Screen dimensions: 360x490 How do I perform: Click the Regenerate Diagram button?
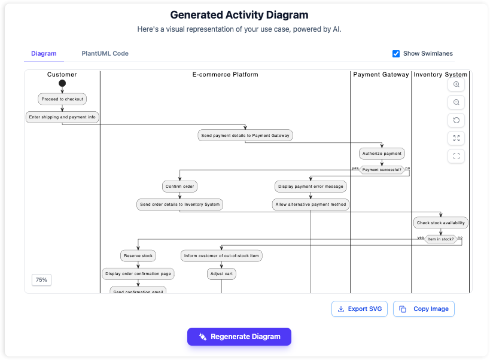[x=239, y=337]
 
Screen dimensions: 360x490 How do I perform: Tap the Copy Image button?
[x=424, y=309]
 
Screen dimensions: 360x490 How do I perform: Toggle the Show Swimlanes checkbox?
[x=396, y=54]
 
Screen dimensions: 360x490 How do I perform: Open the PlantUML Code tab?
[x=105, y=54]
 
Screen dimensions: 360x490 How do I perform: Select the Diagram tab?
[x=44, y=54]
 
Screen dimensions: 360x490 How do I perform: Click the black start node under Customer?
[x=62, y=84]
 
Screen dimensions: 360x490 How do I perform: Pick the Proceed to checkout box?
[x=62, y=99]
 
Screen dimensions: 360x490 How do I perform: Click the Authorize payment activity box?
[x=382, y=153]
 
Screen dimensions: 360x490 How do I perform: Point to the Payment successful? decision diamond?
[x=382, y=170]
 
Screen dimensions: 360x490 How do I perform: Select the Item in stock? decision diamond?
[x=440, y=239]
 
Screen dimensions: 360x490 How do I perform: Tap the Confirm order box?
[x=179, y=187]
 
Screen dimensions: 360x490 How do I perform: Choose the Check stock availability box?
[x=440, y=222]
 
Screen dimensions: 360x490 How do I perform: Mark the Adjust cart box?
[x=221, y=274]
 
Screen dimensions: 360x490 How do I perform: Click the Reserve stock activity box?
[x=138, y=255]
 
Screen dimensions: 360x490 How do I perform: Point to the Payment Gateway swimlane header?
[x=381, y=75]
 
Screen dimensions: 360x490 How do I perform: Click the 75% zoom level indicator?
[x=41, y=279]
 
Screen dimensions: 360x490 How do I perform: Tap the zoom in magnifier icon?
[x=456, y=85]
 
